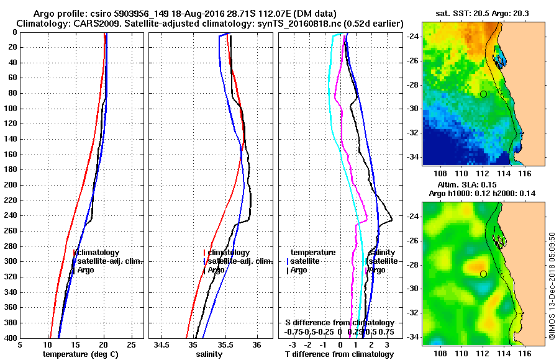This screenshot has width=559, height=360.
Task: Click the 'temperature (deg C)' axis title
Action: coord(80,354)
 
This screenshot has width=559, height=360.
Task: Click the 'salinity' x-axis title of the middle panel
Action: coord(210,354)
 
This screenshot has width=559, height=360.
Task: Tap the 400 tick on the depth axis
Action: coord(12,338)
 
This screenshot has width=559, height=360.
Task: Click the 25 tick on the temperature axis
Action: coord(130,344)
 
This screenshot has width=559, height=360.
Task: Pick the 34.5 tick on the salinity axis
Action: coord(163,344)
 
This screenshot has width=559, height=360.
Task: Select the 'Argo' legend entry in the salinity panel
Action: coord(216,270)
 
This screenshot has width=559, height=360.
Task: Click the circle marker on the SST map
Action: coord(483,94)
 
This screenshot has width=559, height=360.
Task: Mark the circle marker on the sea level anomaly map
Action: coord(483,274)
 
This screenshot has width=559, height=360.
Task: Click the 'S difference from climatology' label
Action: coord(340,323)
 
